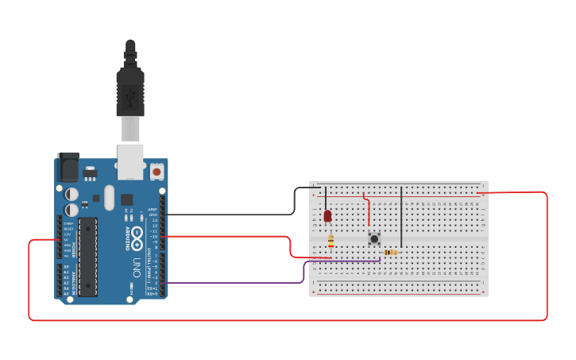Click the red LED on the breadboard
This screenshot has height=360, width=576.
tap(327, 215)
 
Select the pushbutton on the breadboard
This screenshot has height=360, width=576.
tap(374, 238)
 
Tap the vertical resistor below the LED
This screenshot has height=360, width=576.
tap(331, 242)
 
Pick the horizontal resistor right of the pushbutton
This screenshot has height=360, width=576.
tap(390, 252)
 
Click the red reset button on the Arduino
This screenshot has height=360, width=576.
tap(157, 171)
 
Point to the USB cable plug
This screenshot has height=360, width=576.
tap(130, 87)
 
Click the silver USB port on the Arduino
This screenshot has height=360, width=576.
tap(130, 161)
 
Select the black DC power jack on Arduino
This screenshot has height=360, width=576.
tap(68, 168)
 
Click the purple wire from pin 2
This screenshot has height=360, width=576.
tap(238, 282)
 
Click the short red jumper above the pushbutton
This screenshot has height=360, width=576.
tap(368, 208)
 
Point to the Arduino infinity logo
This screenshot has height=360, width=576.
tap(137, 235)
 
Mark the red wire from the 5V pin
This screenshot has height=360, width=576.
tap(29, 278)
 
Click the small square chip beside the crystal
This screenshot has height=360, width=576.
tap(127, 199)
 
